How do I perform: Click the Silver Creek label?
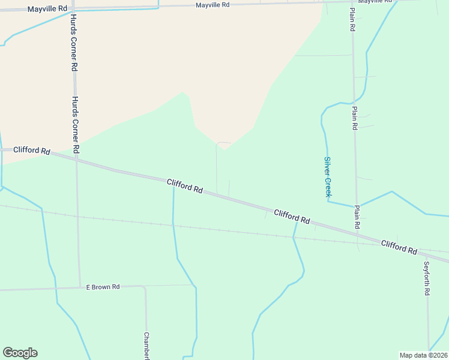click(x=328, y=176)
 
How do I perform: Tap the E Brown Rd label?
click(x=103, y=287)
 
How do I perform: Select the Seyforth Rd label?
click(x=427, y=278)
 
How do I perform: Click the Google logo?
click(x=20, y=353)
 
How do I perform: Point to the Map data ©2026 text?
click(x=424, y=355)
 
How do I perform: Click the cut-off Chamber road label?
click(x=146, y=346)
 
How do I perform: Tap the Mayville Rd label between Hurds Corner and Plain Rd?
click(x=212, y=5)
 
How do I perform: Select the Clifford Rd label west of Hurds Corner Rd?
click(x=31, y=151)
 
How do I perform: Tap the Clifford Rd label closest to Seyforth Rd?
click(x=399, y=246)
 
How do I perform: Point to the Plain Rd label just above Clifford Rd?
click(x=357, y=217)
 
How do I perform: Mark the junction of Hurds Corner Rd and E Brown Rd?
click(x=79, y=287)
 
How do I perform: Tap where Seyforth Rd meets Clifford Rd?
click(x=426, y=254)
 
